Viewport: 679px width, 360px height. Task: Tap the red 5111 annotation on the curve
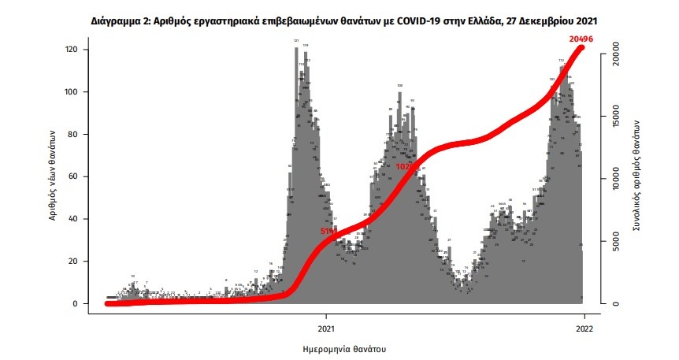328,231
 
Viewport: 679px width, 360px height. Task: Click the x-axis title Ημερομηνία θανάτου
344,347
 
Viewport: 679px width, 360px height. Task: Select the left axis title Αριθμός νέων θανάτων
54,175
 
